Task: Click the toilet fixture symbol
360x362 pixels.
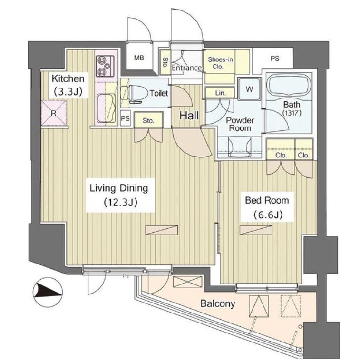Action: pos(135,95)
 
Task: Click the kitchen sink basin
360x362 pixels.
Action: pos(106,108)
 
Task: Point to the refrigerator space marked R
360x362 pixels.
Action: pos(54,113)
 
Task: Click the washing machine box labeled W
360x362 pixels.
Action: pos(249,89)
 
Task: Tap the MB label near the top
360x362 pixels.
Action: pos(139,58)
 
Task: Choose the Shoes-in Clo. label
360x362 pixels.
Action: pos(220,63)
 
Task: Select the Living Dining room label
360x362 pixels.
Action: pos(119,195)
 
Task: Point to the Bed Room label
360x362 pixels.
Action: pos(267,207)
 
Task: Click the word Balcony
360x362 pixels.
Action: pos(218,303)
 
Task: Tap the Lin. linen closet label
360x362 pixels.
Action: pos(220,93)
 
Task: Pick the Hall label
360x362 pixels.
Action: pos(189,116)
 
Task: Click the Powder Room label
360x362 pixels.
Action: pos(240,124)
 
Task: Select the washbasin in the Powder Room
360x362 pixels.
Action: pos(240,147)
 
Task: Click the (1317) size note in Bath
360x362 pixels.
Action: pos(292,113)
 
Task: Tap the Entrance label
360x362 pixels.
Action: pos(186,68)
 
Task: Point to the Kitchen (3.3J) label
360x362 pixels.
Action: pos(68,86)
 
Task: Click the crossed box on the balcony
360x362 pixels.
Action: pos(187,282)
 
